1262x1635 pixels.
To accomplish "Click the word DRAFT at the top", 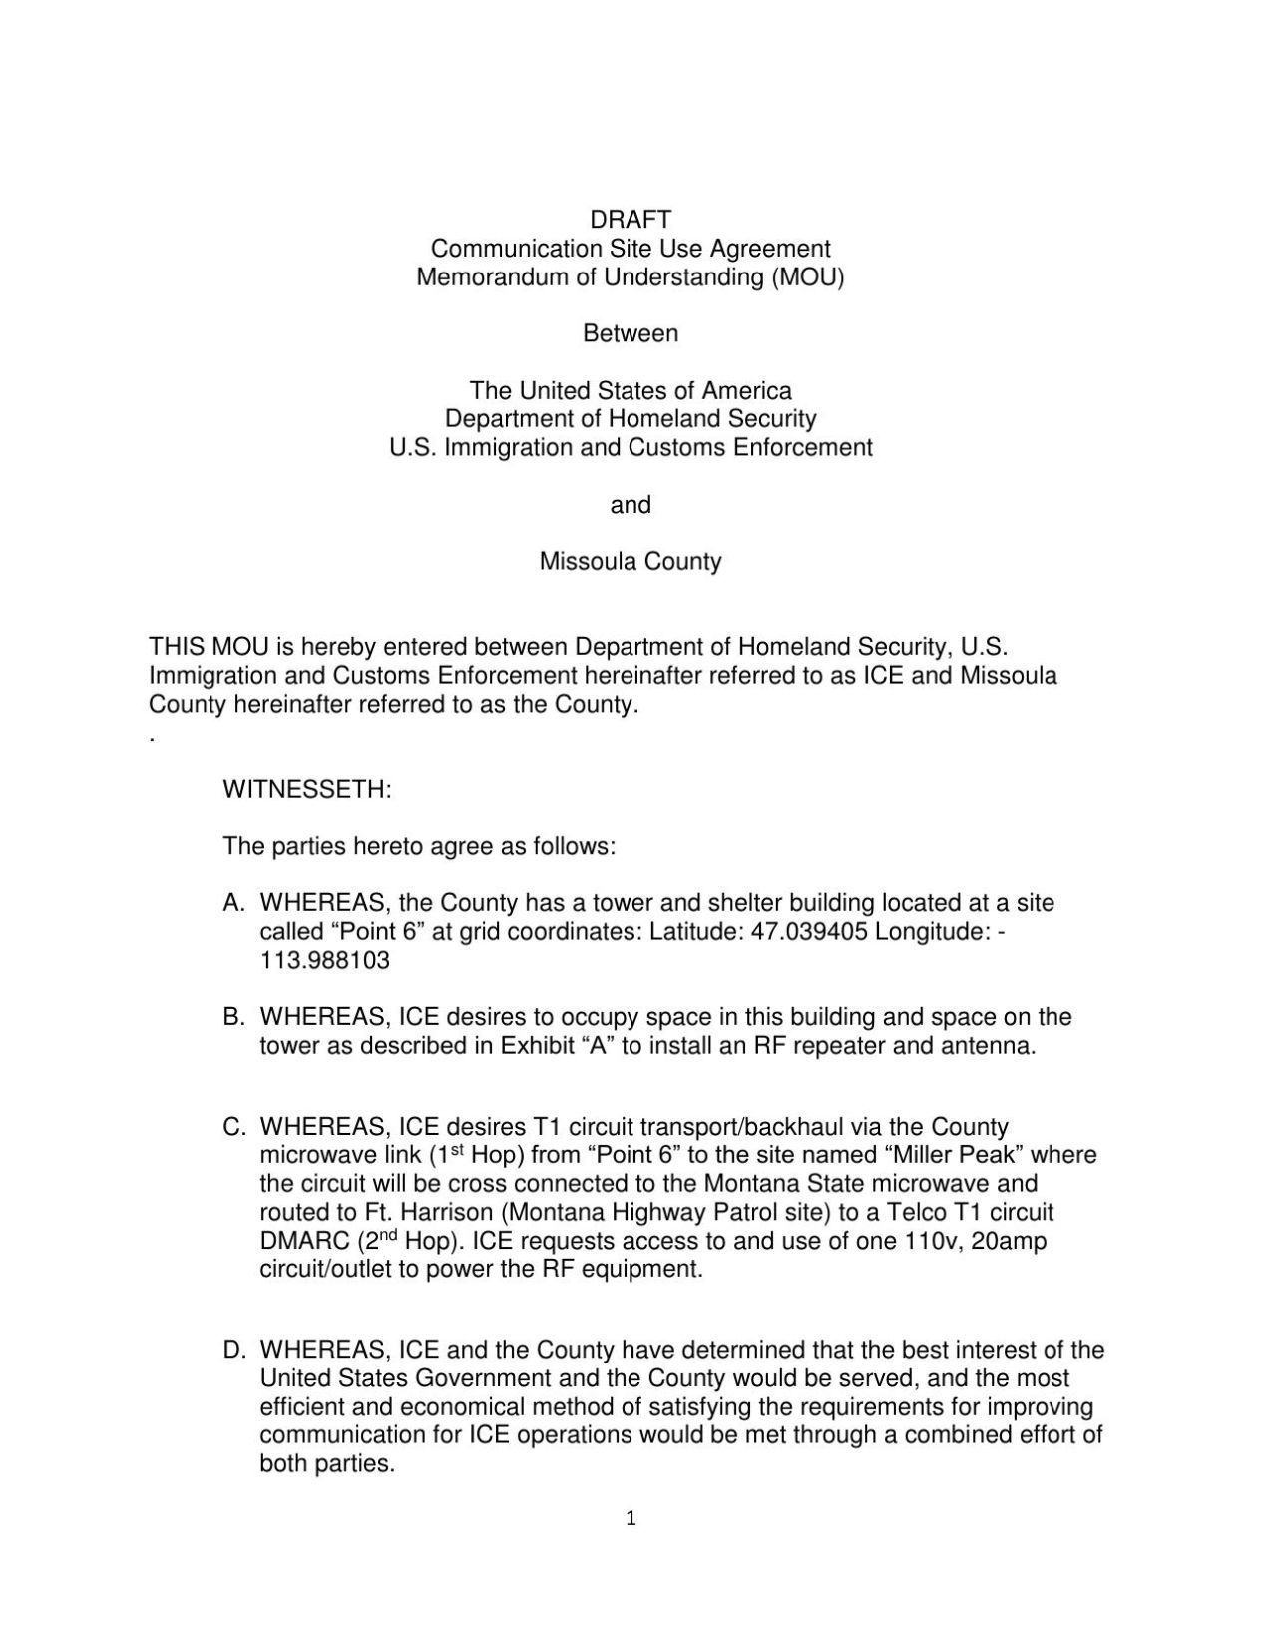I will click(631, 219).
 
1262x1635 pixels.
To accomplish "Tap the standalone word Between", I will click(631, 333).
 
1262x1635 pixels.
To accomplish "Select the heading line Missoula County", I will click(631, 561).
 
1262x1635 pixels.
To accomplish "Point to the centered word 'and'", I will click(631, 505).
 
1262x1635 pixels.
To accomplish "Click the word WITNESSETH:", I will click(307, 790).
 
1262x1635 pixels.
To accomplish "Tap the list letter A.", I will click(234, 904).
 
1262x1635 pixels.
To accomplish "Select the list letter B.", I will click(234, 1018).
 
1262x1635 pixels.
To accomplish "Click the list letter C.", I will click(234, 1128).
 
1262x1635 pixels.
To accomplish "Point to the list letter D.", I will click(234, 1351).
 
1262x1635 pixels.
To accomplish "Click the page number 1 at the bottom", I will click(631, 1519).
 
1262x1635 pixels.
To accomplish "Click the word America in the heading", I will click(746, 390).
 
